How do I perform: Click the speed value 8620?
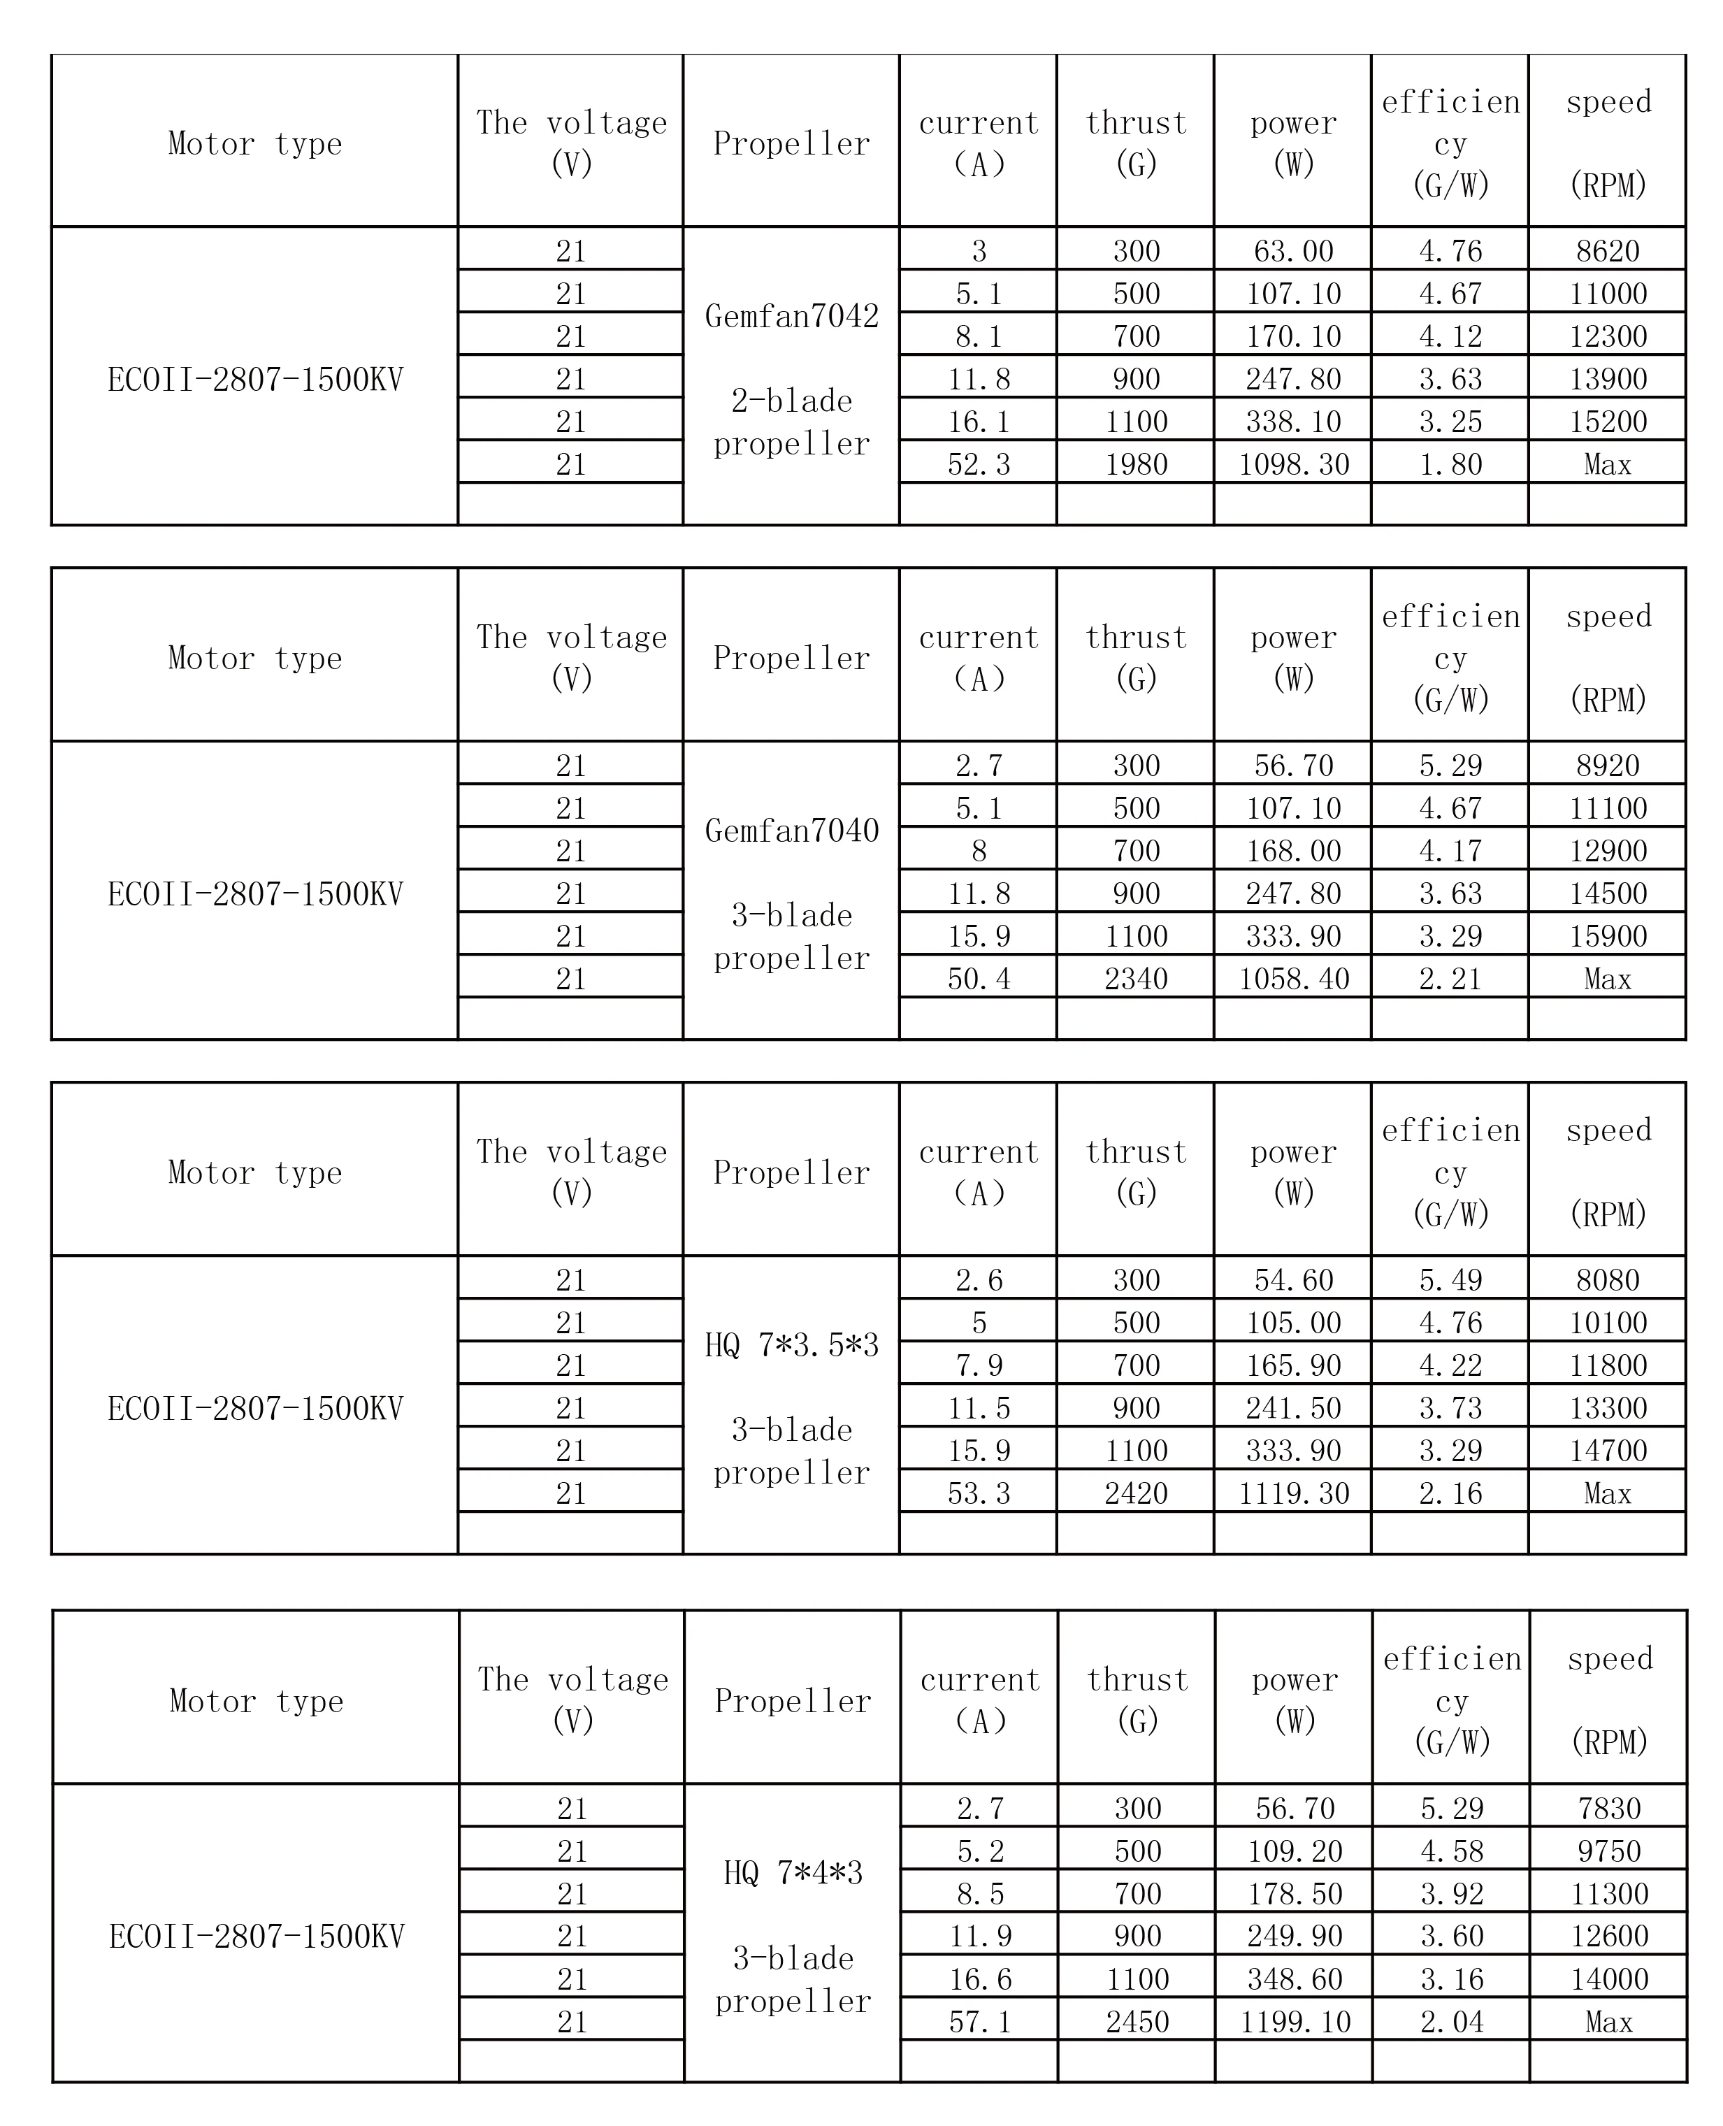1607,251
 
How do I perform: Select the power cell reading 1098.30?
1293,464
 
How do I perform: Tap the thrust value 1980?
1135,464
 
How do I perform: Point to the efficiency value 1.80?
1450,464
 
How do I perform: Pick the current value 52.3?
979,464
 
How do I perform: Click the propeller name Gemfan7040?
791,831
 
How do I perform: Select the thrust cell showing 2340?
1135,979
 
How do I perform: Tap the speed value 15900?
1607,936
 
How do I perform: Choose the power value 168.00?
1293,851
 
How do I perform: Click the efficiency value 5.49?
1450,1280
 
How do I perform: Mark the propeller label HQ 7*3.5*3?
791,1346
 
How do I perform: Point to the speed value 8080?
1607,1280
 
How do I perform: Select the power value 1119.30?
1293,1494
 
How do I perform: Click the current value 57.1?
979,2022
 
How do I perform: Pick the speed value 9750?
1609,1851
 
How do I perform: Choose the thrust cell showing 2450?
1137,2022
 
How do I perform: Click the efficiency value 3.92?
1452,1894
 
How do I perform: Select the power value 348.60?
1295,1979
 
